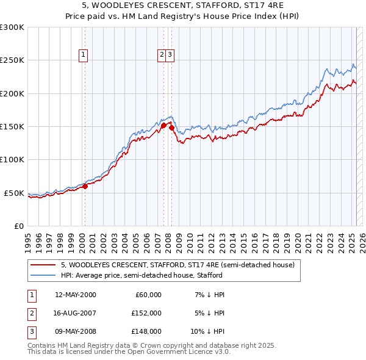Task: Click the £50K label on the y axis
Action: pos(15,193)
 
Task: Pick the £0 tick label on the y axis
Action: pos(19,226)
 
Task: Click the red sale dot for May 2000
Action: pos(85,187)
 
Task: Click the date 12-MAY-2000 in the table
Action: pos(76,295)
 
